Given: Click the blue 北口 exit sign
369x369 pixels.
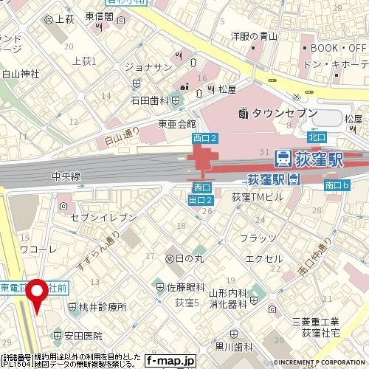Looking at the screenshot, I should (x=317, y=137).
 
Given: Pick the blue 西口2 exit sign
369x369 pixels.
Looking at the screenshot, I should (x=204, y=138).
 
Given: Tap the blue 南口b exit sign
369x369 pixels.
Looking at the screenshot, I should (x=339, y=186).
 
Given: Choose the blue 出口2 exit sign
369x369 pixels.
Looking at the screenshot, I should (x=201, y=200).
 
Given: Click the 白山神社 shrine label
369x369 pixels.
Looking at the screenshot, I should (x=20, y=74).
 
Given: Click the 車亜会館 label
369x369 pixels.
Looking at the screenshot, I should (x=177, y=124).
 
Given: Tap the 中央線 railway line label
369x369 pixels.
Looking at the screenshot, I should (x=66, y=176).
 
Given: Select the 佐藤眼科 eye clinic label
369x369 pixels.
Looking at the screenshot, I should (x=180, y=287).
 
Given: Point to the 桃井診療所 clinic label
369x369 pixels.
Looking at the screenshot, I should (x=97, y=306).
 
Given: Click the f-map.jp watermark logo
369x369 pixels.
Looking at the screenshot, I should (x=170, y=361).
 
